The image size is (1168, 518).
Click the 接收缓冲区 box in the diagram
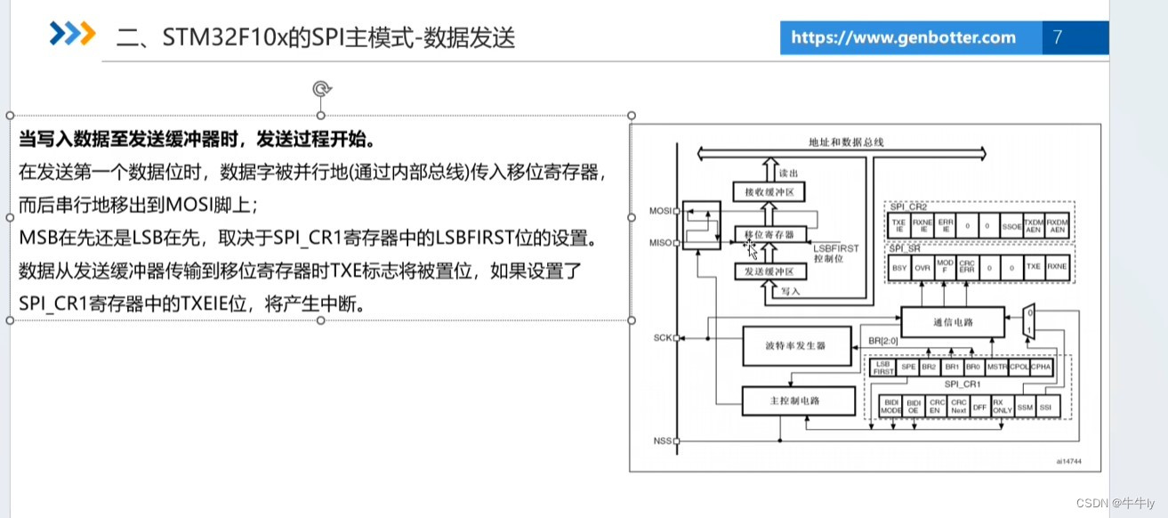pos(769,190)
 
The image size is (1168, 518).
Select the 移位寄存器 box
pos(769,234)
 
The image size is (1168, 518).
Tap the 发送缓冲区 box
pos(769,271)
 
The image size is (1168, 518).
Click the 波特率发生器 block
pos(796,344)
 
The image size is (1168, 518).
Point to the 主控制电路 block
pos(796,401)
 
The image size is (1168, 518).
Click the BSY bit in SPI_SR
pos(898,266)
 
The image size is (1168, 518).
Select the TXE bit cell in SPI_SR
pos(1033,266)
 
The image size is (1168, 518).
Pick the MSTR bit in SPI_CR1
pos(997,366)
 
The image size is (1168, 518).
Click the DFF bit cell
pos(980,406)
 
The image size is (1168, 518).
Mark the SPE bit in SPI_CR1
pos(908,366)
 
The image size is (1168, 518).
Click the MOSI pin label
pos(659,211)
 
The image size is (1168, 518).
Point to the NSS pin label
pos(661,441)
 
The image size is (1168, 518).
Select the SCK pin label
pos(661,338)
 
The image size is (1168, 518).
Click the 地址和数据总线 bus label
pos(846,142)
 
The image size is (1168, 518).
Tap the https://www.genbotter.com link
pos(903,37)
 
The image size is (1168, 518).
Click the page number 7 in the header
pos(1057,37)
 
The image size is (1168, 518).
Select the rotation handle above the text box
pos(322,88)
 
